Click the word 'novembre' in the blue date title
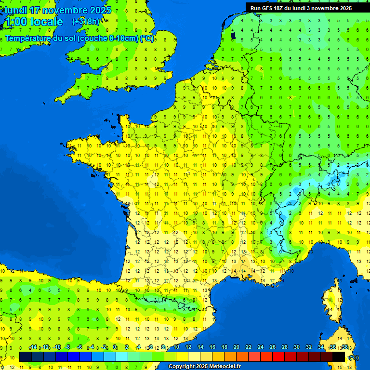click(x=65, y=10)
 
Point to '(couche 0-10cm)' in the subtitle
click(x=108, y=39)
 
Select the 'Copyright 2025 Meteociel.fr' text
click(x=204, y=367)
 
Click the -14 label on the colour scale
click(x=33, y=347)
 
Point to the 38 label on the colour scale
click(x=344, y=347)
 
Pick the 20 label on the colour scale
click(x=236, y=347)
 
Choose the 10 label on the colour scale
click(x=176, y=347)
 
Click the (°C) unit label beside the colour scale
click(x=353, y=357)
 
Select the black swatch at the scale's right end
click(x=339, y=357)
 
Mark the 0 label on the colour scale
click(x=115, y=347)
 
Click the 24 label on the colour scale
click(x=260, y=347)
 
